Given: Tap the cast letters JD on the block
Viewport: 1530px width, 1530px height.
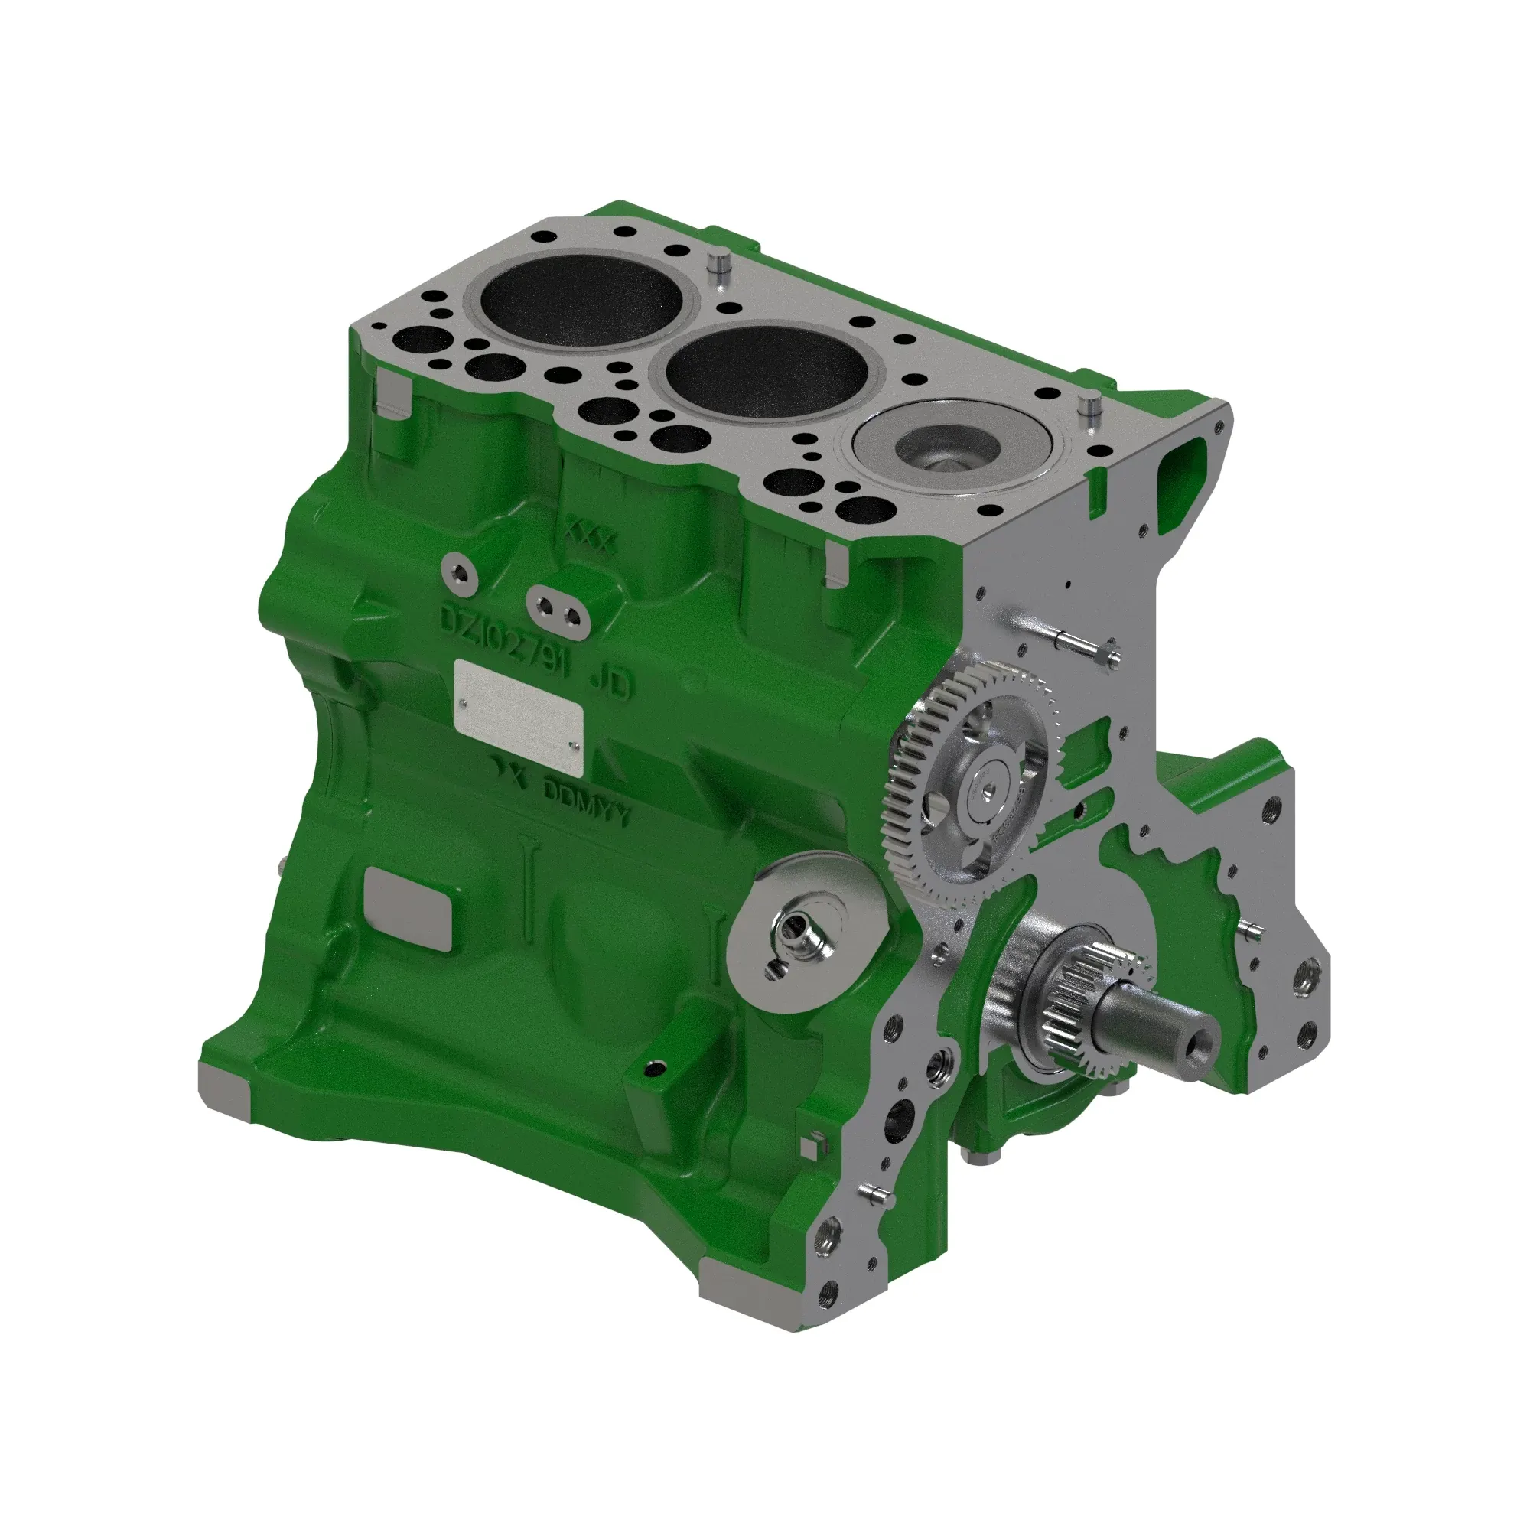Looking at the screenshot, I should [611, 682].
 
